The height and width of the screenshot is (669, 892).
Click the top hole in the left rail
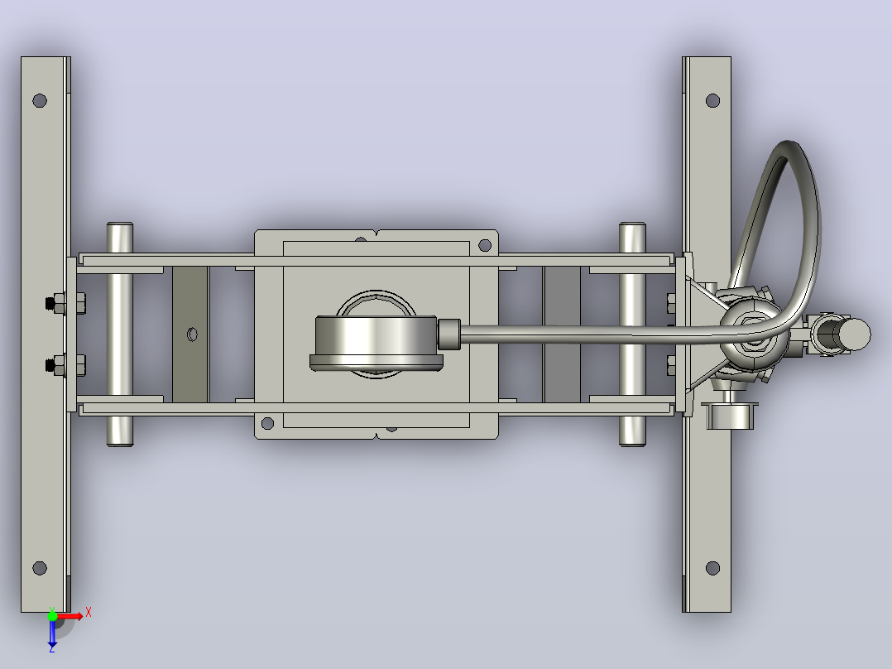pos(40,101)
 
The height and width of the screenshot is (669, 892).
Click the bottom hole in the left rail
pos(40,568)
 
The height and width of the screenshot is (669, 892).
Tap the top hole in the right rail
pos(712,101)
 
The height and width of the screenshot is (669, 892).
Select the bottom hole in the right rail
pos(712,568)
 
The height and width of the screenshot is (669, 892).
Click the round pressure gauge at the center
pos(376,343)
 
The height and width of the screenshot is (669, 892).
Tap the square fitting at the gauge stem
pos(448,334)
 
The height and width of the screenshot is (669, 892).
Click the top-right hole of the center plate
pos(485,245)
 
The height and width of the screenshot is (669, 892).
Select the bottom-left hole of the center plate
pos(267,423)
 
